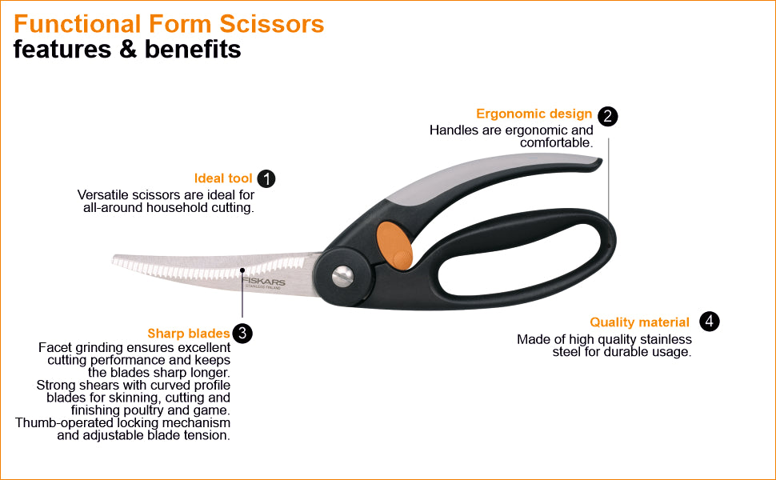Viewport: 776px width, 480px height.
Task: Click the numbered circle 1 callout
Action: click(266, 178)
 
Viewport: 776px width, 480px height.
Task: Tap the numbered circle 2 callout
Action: click(608, 116)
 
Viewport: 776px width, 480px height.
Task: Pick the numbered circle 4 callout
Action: click(709, 322)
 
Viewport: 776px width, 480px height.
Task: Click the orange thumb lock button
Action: click(394, 243)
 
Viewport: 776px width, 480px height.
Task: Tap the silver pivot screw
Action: click(343, 276)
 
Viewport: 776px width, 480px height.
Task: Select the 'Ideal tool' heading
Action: click(223, 178)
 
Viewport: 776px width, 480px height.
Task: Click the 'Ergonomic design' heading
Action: click(534, 114)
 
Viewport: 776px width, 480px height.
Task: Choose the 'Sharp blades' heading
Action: click(189, 334)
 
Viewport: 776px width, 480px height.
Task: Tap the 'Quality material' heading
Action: click(639, 322)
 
